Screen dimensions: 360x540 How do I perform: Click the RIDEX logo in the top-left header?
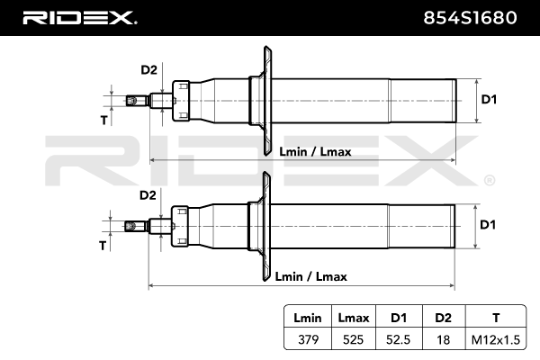[x=78, y=18]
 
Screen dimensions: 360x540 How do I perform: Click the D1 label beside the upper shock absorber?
[x=489, y=99]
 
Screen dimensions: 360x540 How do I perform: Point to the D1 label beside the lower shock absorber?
[x=489, y=224]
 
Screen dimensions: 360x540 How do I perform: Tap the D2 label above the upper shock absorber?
[x=148, y=69]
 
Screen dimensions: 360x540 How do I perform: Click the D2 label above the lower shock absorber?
[x=148, y=194]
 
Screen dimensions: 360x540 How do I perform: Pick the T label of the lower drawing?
[x=103, y=244]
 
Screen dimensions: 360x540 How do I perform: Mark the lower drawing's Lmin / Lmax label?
[x=310, y=276]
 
